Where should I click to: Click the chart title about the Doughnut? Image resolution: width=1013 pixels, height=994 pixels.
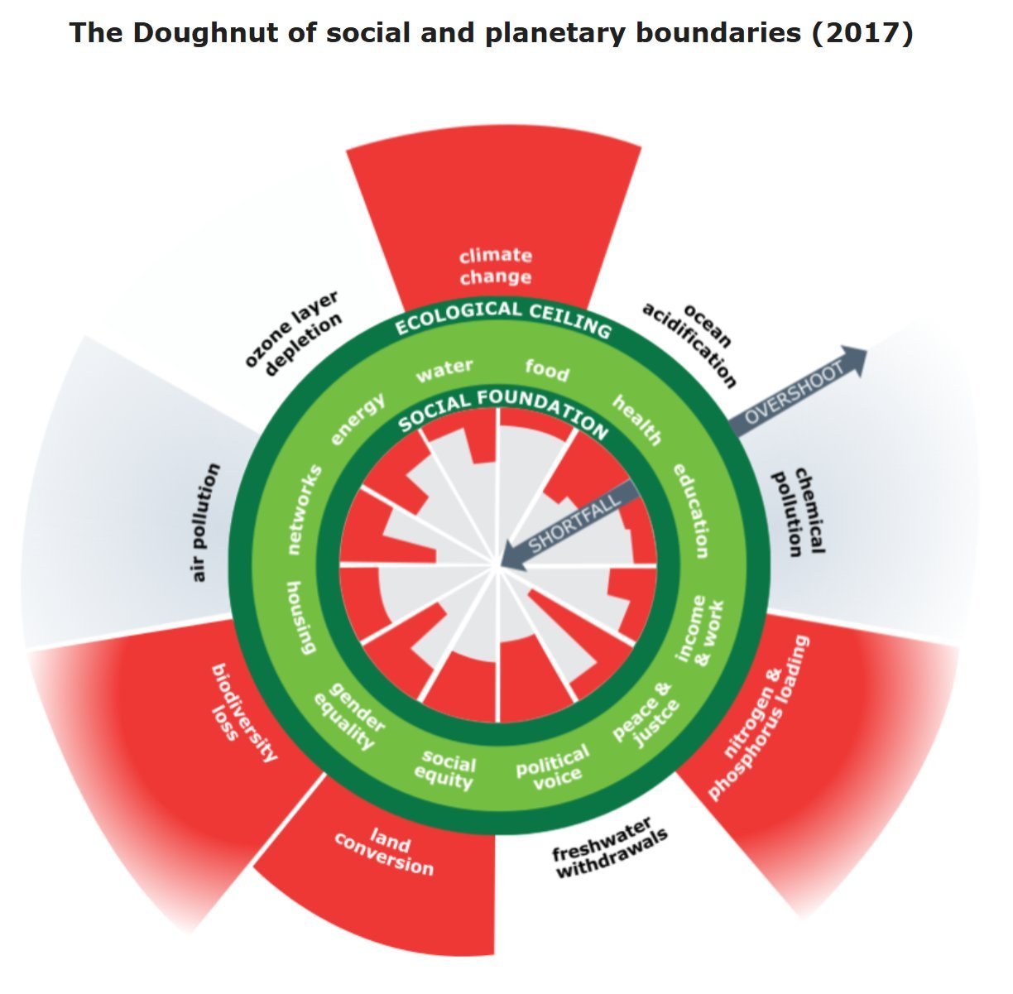pos(491,33)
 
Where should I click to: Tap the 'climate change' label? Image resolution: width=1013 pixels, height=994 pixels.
pos(495,266)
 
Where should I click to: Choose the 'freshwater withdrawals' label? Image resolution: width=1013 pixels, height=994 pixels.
pos(611,851)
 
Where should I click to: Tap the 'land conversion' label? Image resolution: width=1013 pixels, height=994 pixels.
pos(384,853)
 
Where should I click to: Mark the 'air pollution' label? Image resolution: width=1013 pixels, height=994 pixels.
pos(204,522)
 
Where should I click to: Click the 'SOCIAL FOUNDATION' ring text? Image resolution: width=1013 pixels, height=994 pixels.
pos(502,408)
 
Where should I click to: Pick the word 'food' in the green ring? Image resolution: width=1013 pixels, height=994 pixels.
pos(547,369)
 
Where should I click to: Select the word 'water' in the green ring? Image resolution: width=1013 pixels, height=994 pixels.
pos(444,370)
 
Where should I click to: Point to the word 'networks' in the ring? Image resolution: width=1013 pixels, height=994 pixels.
pos(305,509)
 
